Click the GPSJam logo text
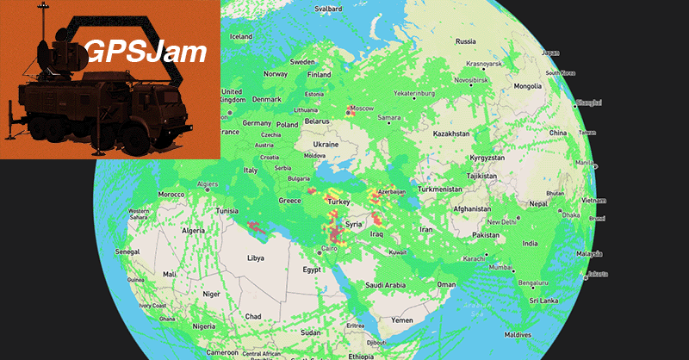(146, 53)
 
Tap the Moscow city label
(363, 108)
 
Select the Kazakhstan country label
(450, 133)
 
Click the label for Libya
(257, 258)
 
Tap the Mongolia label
(527, 86)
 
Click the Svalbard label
(328, 9)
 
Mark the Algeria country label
(193, 230)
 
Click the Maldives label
(517, 333)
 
